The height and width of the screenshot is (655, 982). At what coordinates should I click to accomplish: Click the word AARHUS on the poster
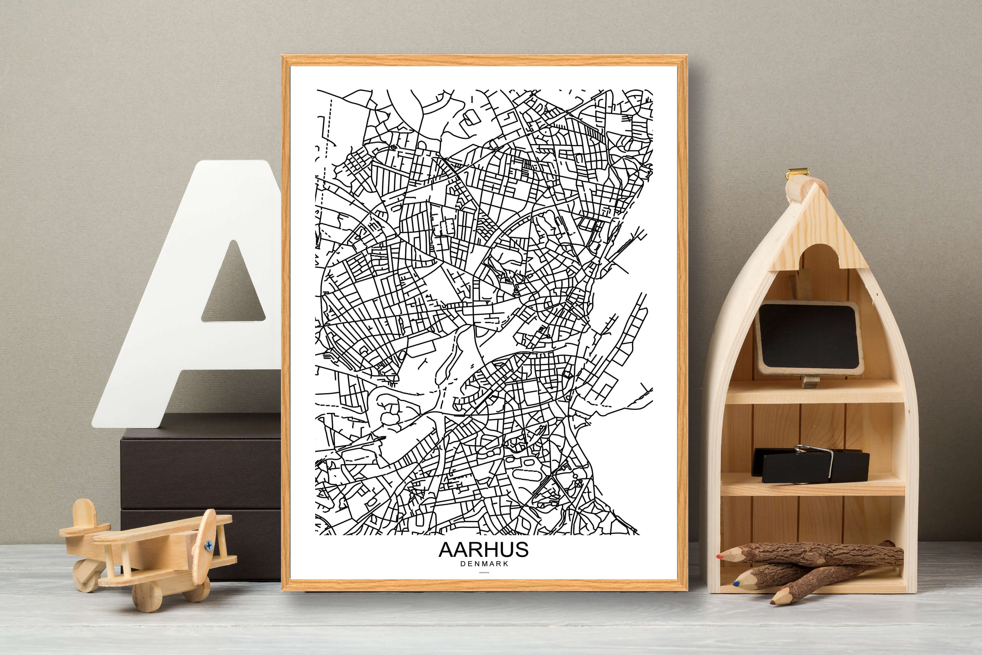[483, 550]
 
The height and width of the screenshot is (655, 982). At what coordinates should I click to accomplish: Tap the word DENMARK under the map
[484, 563]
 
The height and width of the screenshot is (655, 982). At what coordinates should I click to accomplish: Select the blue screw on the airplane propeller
[208, 545]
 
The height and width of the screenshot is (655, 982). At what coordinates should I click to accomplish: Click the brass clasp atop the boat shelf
[797, 172]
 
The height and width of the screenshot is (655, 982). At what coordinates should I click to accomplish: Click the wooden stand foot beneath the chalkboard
[811, 381]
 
